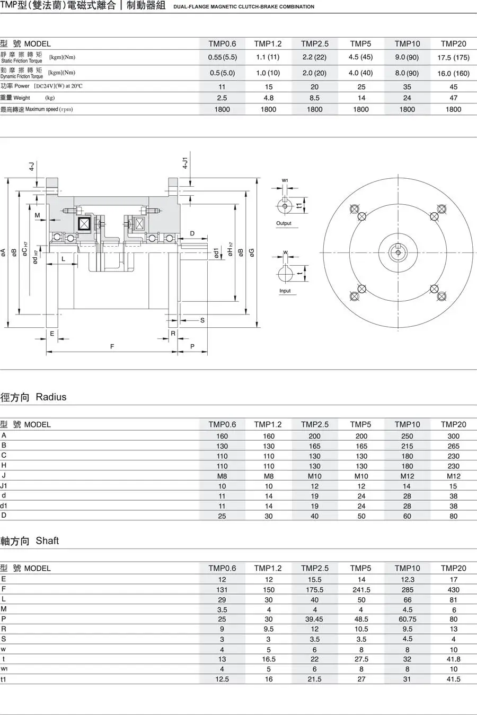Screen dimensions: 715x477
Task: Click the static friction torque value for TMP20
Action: [x=453, y=57]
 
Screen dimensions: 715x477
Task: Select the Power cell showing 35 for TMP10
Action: [x=407, y=86]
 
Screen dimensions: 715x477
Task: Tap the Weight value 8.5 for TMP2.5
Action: [x=314, y=98]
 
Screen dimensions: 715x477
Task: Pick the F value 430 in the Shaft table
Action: [x=453, y=589]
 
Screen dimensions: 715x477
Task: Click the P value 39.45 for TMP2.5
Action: [x=314, y=619]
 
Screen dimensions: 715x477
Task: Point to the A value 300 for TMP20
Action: [x=453, y=436]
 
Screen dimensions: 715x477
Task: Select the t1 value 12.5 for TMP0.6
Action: [x=222, y=679]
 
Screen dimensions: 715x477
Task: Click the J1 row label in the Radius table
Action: [x=4, y=485]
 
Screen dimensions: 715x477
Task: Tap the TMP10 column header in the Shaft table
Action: [x=407, y=568]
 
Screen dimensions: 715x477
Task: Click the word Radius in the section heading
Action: [x=51, y=397]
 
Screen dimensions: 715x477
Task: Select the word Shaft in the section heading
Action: [x=47, y=540]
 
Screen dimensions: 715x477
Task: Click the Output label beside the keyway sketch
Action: [x=284, y=223]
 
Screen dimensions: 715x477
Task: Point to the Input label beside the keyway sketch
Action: [x=285, y=291]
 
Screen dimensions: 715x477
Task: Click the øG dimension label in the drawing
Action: [x=252, y=252]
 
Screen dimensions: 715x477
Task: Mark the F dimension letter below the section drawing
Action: [x=112, y=346]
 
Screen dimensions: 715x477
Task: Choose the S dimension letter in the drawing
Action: [x=202, y=320]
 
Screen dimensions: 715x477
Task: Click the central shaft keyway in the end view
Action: [x=397, y=251]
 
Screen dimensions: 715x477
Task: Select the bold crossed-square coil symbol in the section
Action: [x=84, y=223]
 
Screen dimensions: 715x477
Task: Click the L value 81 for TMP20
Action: [x=453, y=599]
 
